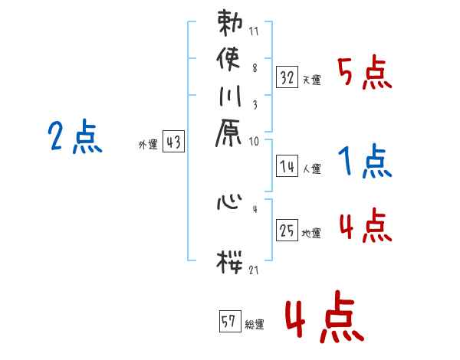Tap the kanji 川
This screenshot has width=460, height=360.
(231, 100)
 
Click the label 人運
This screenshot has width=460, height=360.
(311, 168)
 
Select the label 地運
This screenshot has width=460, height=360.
(311, 233)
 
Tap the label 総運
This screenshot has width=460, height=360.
(254, 325)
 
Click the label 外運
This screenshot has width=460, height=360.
(148, 144)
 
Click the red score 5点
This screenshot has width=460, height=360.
(365, 74)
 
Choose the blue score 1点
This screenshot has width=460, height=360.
(365, 162)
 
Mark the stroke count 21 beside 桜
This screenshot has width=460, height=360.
(254, 270)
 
